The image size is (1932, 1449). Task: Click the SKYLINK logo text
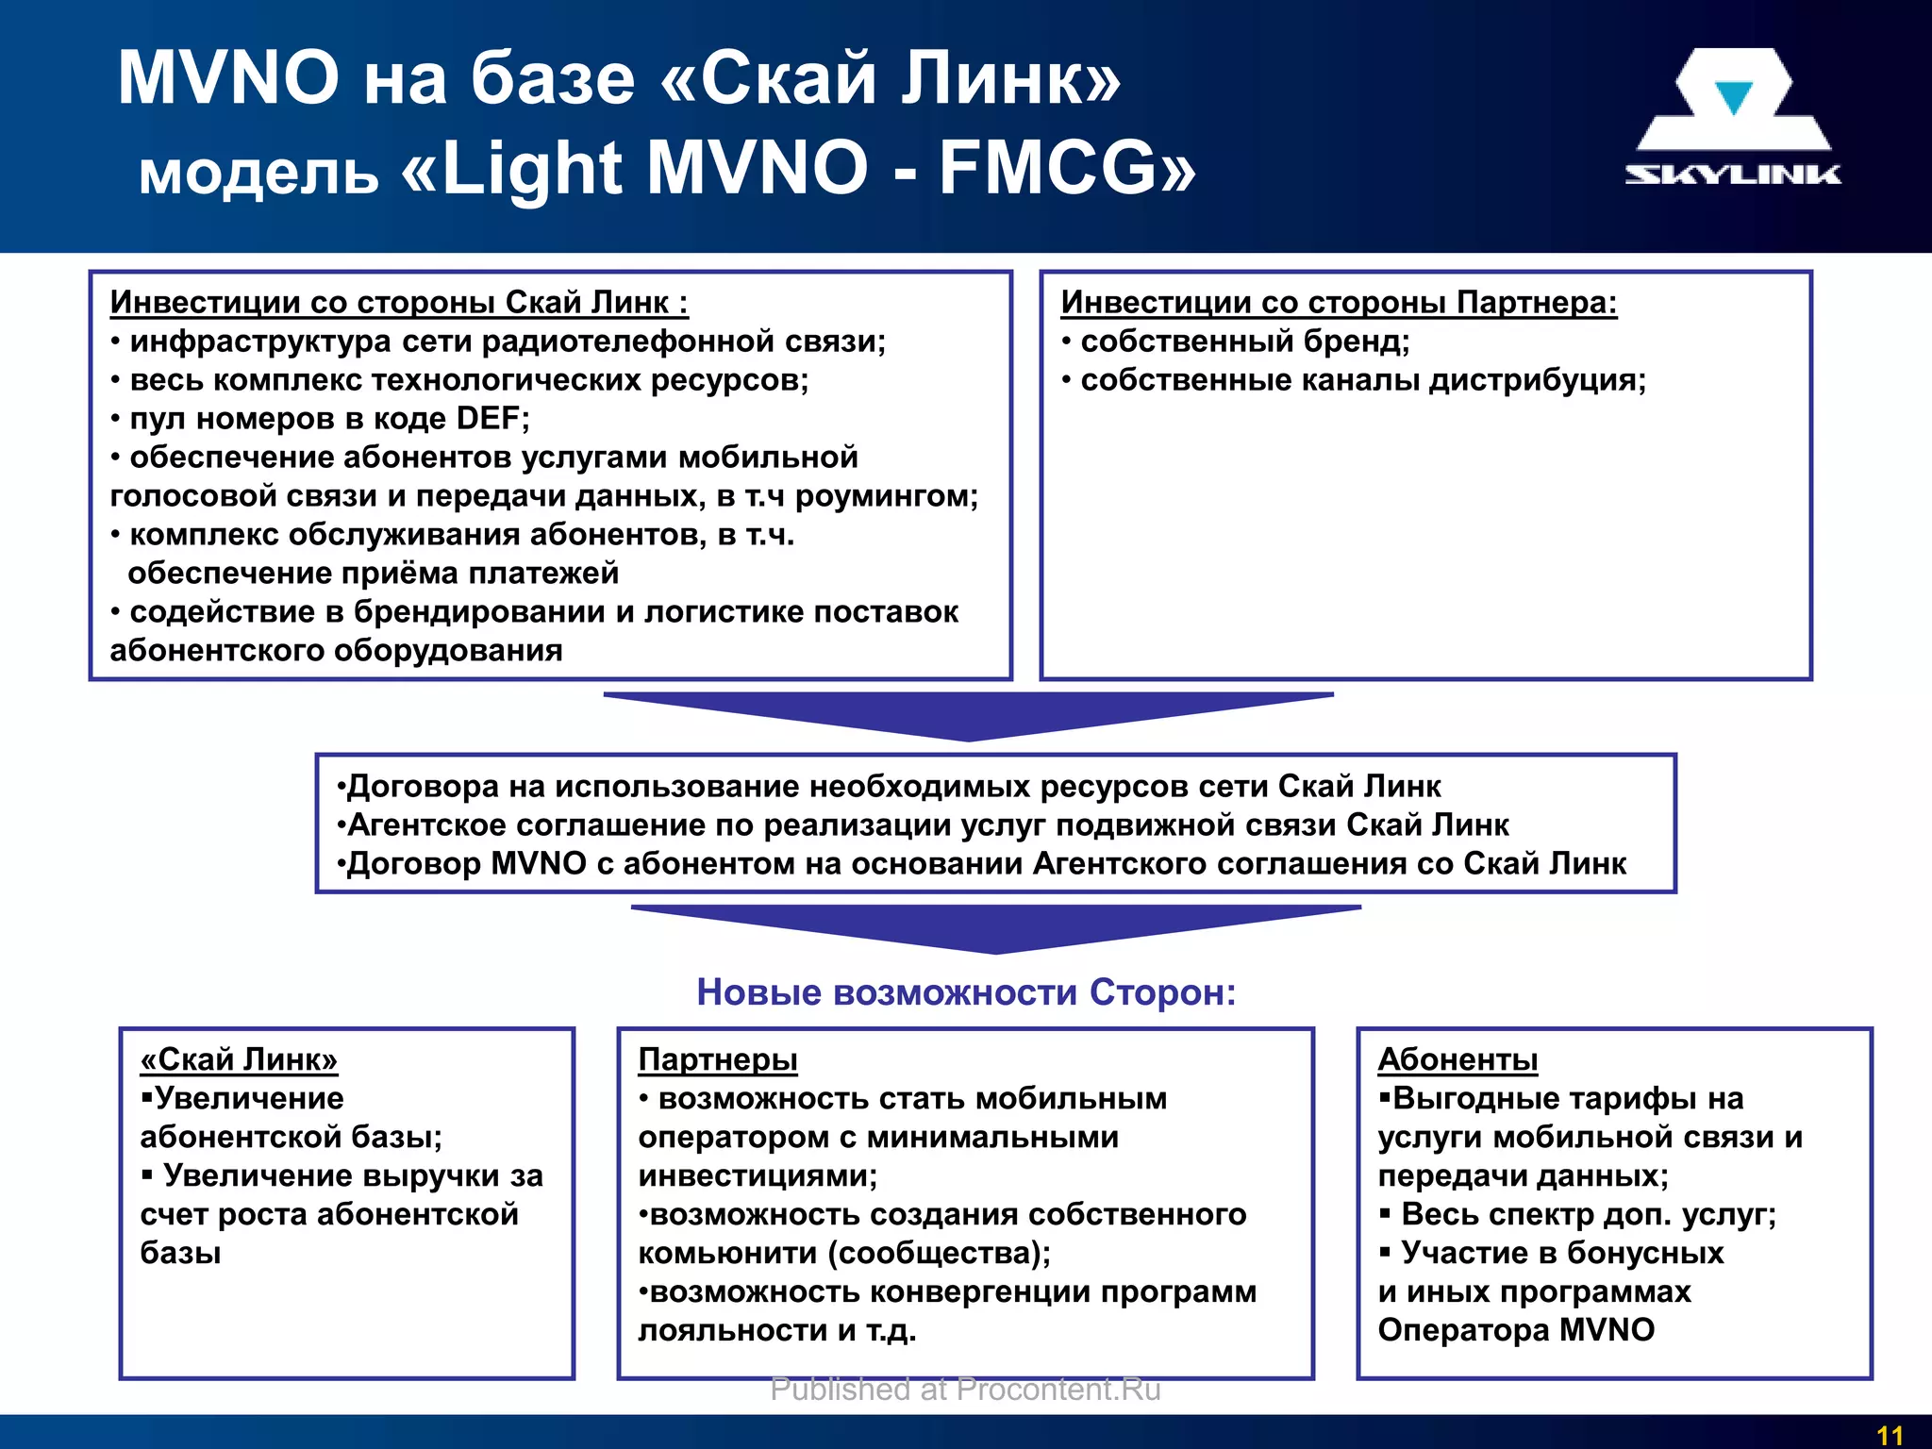[1732, 175]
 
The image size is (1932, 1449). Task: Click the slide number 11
[1889, 1435]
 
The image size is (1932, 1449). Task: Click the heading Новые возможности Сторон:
[966, 992]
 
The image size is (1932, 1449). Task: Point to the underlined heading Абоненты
[1457, 1059]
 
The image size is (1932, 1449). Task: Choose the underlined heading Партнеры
[718, 1059]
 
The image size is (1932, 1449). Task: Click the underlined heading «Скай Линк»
[239, 1059]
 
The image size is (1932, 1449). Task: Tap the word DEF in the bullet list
[489, 418]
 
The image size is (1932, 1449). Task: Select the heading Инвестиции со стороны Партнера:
[1339, 302]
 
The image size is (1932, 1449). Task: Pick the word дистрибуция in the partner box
[1536, 379]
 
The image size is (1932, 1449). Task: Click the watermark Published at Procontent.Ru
[965, 1390]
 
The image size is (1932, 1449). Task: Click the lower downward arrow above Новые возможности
[995, 928]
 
